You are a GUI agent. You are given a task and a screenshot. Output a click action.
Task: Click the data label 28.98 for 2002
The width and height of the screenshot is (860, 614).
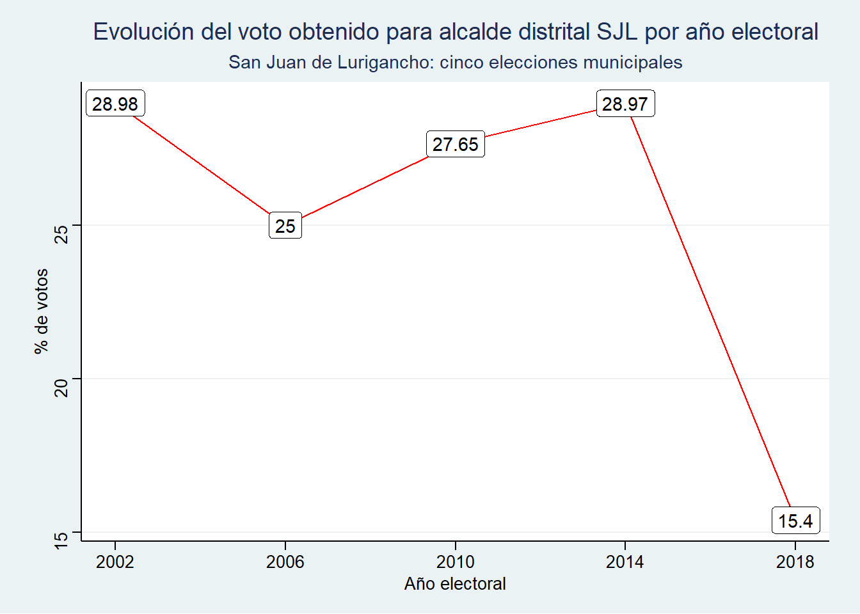[x=115, y=104]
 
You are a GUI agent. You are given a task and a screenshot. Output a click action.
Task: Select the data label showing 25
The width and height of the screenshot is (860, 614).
[x=285, y=226]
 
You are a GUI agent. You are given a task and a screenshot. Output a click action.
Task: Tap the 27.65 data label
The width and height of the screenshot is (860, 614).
[x=456, y=145]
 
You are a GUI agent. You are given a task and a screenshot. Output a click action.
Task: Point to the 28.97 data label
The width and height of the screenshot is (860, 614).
[x=625, y=104]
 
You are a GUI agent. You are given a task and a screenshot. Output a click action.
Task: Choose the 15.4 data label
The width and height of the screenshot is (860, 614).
[x=795, y=521]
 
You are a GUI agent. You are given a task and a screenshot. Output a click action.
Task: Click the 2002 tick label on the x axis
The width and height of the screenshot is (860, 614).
[x=115, y=562]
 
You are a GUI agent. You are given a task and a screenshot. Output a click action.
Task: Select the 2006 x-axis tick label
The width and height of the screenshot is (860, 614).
[x=285, y=562]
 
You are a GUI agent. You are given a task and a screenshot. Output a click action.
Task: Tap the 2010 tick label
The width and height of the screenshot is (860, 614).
[x=456, y=562]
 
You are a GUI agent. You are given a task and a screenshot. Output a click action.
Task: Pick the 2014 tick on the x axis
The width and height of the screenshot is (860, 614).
[x=625, y=562]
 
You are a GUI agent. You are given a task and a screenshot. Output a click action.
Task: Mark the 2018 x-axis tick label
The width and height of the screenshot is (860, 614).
[x=795, y=562]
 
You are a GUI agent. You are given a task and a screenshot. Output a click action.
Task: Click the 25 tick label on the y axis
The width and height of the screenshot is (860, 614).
[x=61, y=234]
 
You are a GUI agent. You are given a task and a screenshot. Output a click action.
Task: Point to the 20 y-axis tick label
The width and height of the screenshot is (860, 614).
[x=61, y=388]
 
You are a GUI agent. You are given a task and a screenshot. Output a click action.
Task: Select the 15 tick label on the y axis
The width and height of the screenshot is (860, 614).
[x=61, y=540]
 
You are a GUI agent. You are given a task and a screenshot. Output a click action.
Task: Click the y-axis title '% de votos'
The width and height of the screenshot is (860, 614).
[x=42, y=311]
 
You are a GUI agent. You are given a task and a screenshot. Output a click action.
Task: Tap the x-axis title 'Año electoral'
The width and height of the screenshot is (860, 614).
[x=455, y=584]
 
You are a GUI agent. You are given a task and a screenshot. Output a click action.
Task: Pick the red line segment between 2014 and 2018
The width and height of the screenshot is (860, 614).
[x=710, y=313]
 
